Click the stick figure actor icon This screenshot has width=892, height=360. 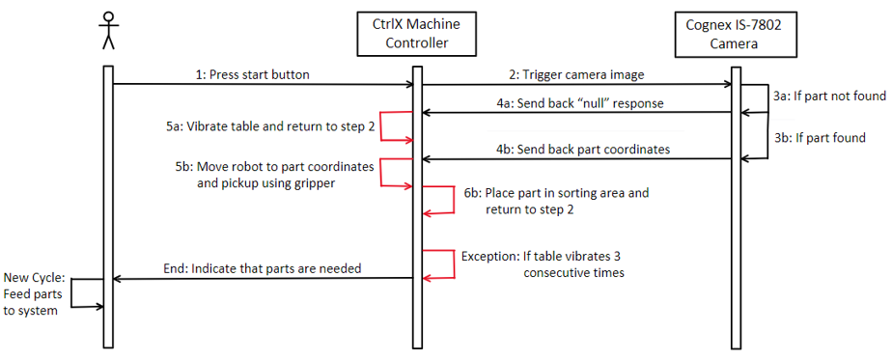107,29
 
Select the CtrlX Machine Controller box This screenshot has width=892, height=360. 415,34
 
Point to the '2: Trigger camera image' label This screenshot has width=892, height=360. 574,74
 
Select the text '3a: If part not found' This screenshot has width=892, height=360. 830,97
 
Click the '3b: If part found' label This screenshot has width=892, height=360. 820,138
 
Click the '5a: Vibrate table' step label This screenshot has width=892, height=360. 266,126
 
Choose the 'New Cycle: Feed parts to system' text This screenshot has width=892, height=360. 35,294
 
